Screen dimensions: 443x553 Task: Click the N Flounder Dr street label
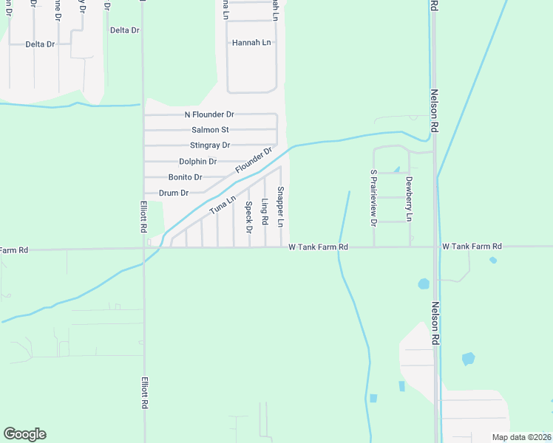coord(209,114)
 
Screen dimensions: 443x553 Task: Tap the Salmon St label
coord(210,130)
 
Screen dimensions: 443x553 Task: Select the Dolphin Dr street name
coord(197,162)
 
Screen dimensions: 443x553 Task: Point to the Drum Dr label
coord(174,193)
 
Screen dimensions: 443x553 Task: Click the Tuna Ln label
coord(222,205)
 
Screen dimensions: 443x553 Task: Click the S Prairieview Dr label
coord(373,197)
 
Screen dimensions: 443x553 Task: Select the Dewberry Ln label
coord(409,198)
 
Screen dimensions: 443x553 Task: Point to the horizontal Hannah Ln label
coord(251,43)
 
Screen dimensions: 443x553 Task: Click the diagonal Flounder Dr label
coord(254,160)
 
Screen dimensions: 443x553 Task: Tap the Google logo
coord(24,434)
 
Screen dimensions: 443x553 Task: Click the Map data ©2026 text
coord(520,437)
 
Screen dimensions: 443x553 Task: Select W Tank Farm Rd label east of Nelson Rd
coord(472,246)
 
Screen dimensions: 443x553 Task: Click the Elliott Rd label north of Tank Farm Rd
coord(143,217)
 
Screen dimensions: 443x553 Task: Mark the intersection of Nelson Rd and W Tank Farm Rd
coord(435,247)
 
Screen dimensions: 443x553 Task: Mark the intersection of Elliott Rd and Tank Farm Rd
coord(143,248)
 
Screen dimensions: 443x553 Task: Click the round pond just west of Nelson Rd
coord(424,284)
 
